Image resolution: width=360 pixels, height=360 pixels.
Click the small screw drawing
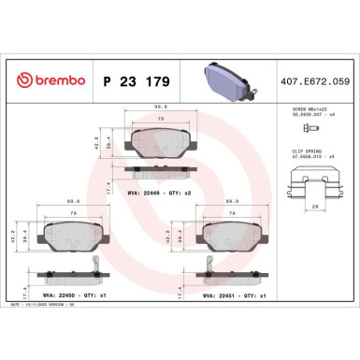click(294, 127)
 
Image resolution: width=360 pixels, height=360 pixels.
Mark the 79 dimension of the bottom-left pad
click(69, 212)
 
